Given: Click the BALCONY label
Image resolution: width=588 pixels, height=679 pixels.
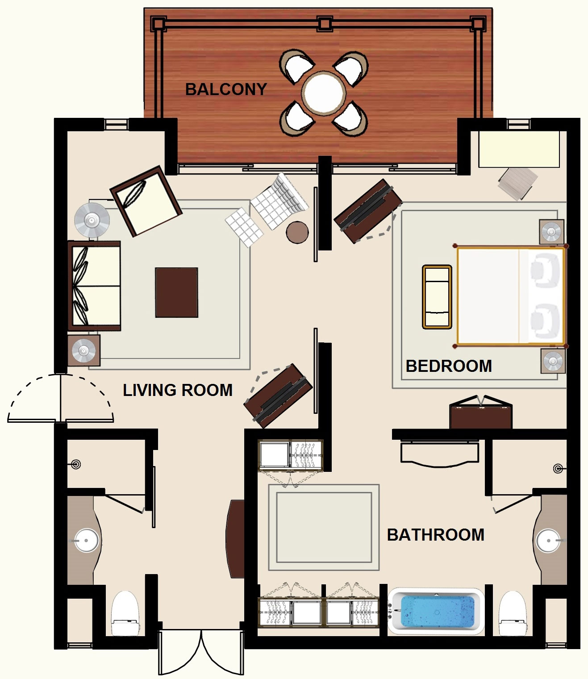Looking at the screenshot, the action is [226, 89].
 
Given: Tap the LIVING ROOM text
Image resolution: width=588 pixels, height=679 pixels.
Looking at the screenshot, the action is [178, 390].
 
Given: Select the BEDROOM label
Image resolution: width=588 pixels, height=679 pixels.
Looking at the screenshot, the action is [449, 366].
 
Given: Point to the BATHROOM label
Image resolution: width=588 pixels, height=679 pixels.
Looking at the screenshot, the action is [436, 535].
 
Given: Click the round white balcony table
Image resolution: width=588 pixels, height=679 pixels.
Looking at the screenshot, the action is [324, 93].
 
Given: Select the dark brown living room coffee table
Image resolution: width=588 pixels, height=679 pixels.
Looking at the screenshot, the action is [177, 292].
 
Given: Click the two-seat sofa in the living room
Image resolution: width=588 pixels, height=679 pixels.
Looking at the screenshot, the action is [94, 286].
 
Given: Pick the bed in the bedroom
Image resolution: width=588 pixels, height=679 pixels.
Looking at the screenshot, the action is [510, 296].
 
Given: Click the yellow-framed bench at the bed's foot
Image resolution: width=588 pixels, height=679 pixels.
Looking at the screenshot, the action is [437, 297].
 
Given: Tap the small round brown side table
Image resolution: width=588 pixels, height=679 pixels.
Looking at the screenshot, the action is [297, 232].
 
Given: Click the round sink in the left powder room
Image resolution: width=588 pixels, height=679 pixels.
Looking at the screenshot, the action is [86, 540].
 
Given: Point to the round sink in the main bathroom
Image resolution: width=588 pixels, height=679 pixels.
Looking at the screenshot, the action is [549, 540].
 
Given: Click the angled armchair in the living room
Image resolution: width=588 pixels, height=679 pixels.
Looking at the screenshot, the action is [146, 201].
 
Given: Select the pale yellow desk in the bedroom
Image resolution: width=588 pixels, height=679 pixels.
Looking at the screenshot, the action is [519, 150].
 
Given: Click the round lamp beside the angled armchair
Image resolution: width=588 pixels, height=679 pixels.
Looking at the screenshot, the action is [92, 220].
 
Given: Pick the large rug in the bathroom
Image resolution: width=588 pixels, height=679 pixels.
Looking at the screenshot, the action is [324, 527].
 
